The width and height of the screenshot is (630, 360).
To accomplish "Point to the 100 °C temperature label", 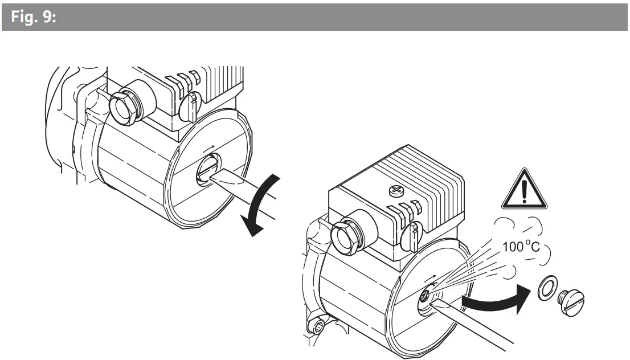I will pos(521,247).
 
